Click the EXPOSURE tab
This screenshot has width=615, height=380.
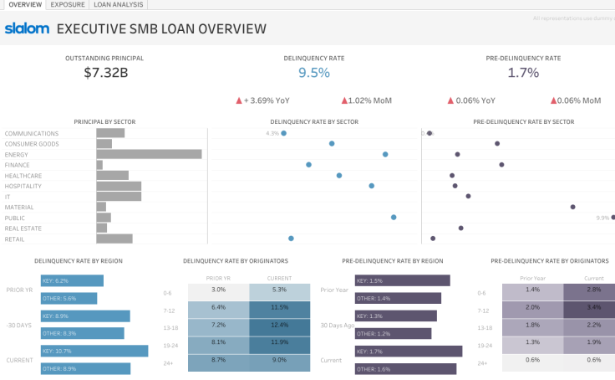tap(67, 5)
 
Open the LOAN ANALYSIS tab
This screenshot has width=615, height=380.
tap(117, 5)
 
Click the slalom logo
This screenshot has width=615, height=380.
tap(26, 29)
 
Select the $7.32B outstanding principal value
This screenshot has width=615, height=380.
tap(105, 73)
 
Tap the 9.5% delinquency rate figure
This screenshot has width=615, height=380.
tap(313, 73)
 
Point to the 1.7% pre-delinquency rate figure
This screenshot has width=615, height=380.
tap(523, 73)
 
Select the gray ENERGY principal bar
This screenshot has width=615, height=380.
tap(149, 154)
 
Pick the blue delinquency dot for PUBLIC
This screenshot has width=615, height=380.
tap(394, 218)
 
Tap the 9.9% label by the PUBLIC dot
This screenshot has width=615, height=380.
tap(602, 218)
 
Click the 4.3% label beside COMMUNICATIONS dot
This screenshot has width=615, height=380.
tap(272, 133)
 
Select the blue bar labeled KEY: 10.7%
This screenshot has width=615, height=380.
tap(94, 352)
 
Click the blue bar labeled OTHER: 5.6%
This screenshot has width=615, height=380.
tap(69, 298)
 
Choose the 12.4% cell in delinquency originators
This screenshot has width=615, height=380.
tap(279, 324)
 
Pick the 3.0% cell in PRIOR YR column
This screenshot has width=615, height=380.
tap(218, 290)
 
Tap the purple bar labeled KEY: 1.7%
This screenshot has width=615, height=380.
tap(408, 352)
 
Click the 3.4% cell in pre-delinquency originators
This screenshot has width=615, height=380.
tap(594, 307)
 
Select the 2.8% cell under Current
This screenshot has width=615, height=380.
tap(594, 290)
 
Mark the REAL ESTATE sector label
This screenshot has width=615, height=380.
tap(23, 228)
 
